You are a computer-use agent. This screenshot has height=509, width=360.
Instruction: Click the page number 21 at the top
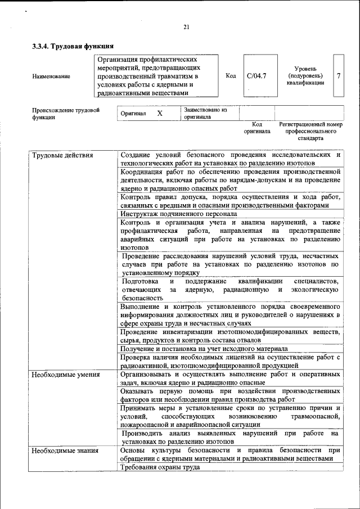click(x=186, y=28)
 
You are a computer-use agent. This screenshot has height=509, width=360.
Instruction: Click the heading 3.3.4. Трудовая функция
click(x=73, y=47)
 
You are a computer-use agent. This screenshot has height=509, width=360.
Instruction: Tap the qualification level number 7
click(x=338, y=75)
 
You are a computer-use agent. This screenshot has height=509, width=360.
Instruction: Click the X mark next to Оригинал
click(x=159, y=114)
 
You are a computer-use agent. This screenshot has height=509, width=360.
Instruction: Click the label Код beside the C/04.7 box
click(x=230, y=75)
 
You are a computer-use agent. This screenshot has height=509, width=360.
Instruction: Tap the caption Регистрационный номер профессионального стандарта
click(x=310, y=130)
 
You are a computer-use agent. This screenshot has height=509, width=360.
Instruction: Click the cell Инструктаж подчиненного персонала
click(x=178, y=214)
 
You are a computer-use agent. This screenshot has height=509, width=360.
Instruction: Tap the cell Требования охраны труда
click(x=160, y=468)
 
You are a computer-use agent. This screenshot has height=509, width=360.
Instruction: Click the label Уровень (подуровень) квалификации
click(x=305, y=75)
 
